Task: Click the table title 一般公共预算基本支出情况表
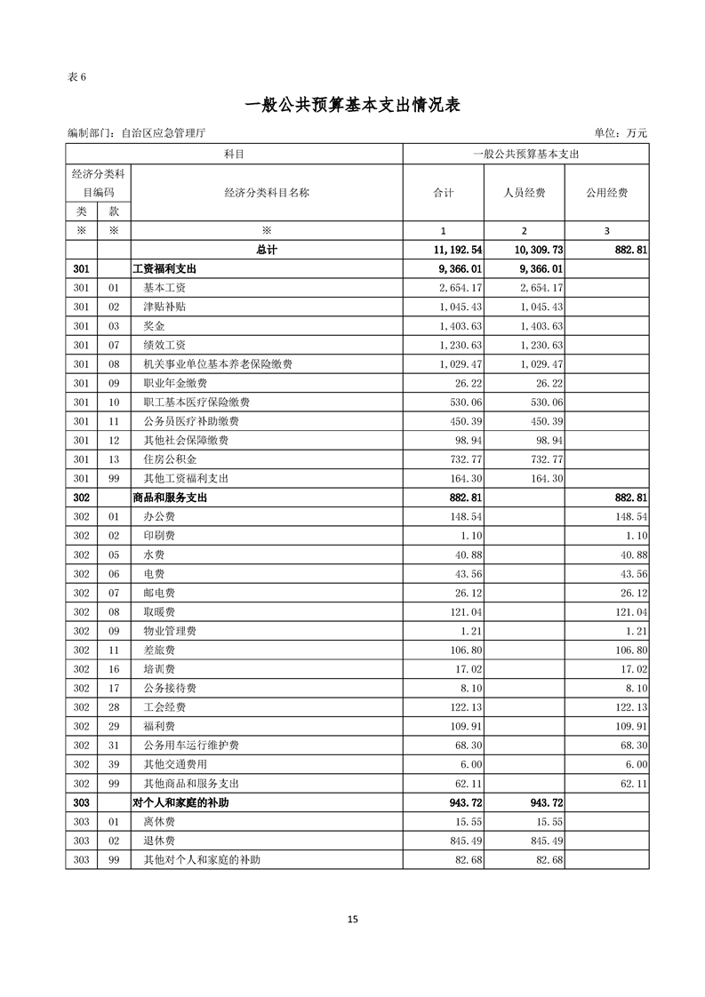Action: click(352, 105)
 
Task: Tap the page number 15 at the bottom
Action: click(353, 919)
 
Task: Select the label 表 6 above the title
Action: click(76, 76)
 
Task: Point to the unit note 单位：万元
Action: click(621, 133)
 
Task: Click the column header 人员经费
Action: click(524, 192)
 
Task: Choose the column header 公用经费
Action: click(606, 192)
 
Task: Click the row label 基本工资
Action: click(164, 288)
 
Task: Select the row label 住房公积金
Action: click(170, 459)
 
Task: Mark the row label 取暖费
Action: click(159, 612)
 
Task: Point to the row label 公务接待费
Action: click(170, 688)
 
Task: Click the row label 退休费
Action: click(159, 841)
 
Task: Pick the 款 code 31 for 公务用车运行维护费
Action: click(113, 746)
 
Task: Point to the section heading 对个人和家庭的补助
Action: click(181, 802)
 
